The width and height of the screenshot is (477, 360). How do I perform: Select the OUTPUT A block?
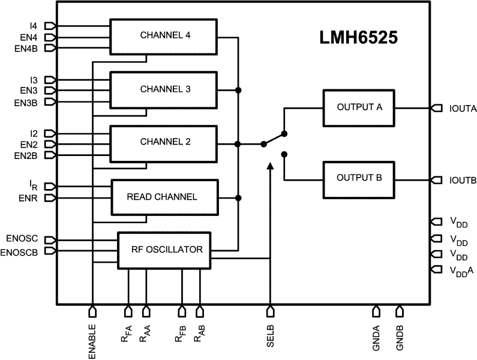pyautogui.click(x=359, y=108)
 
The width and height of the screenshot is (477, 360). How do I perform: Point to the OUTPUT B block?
pyautogui.click(x=359, y=178)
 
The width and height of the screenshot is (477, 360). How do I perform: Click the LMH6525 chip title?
pyautogui.click(x=358, y=40)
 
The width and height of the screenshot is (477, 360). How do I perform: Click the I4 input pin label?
pyautogui.click(x=32, y=26)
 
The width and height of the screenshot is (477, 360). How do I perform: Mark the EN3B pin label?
pyautogui.click(x=26, y=103)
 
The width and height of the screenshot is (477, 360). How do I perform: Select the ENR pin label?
pyautogui.click(x=28, y=198)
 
